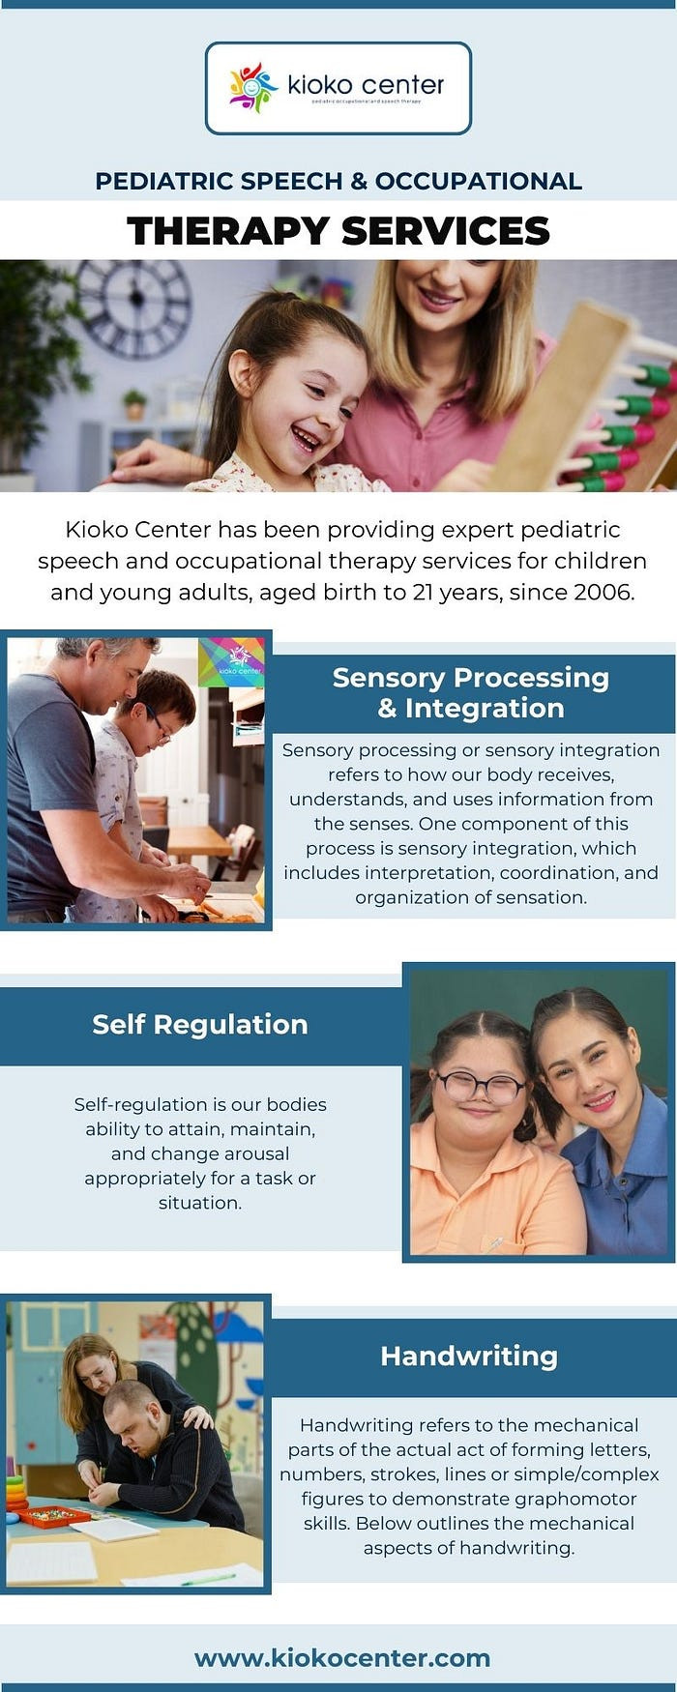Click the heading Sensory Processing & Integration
coord(471,693)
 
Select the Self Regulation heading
coord(200,1025)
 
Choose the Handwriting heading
coord(469,1357)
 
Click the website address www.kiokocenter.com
coord(342,1658)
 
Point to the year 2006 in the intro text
coord(603,592)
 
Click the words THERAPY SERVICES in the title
coord(338,231)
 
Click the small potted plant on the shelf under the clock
coord(134,404)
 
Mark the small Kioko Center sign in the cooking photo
coord(231,661)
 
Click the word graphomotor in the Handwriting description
coord(556,1499)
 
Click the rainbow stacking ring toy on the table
coord(17,1495)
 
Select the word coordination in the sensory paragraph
coord(562,872)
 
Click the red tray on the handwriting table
coord(55,1516)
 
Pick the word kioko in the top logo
coord(321,85)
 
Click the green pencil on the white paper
coord(208,1579)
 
